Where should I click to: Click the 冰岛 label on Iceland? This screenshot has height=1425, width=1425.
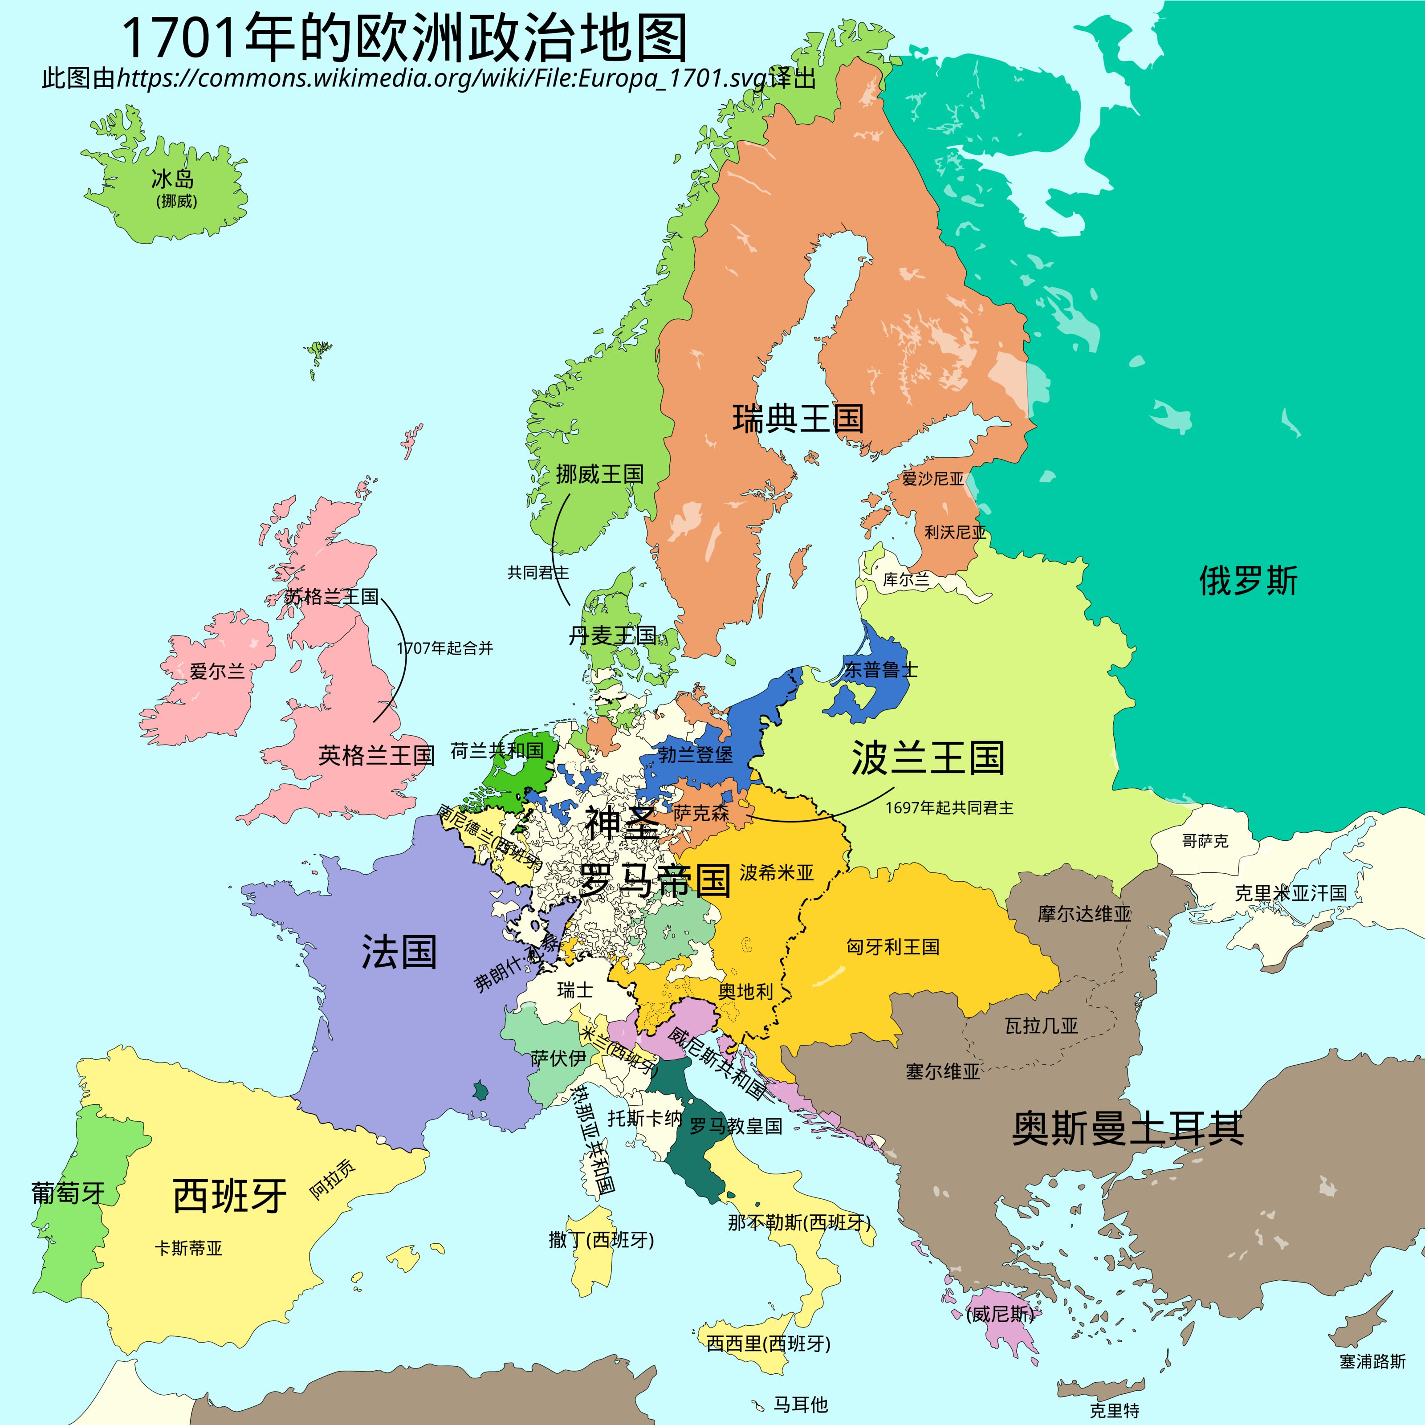[173, 179]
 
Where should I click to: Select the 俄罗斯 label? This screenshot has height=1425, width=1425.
[1247, 581]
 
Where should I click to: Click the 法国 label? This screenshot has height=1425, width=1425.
[399, 952]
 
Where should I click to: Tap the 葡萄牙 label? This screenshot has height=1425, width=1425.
[68, 1193]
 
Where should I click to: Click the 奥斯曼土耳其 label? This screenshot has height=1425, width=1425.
[1127, 1128]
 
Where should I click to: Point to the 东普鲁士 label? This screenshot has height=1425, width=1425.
[881, 670]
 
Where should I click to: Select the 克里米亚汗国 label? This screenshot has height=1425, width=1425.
[1291, 893]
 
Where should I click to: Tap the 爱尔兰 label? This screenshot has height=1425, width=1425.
[217, 671]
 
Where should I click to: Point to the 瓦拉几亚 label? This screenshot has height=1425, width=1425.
[1041, 1026]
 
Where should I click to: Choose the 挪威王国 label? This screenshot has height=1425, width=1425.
[600, 474]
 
